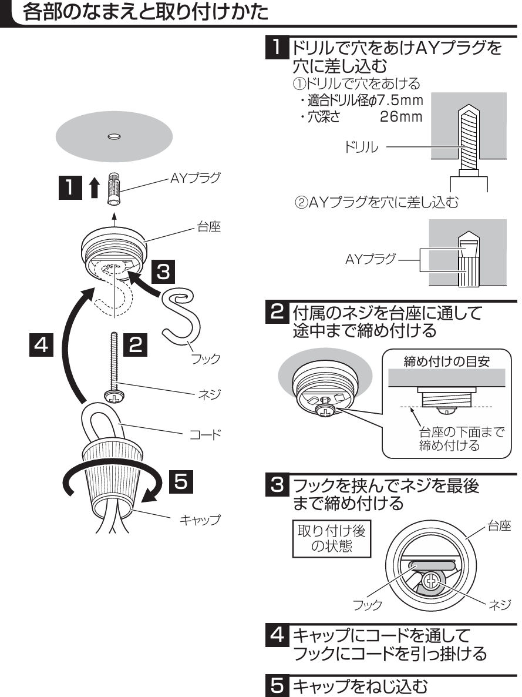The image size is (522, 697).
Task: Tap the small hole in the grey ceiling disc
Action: tap(114, 136)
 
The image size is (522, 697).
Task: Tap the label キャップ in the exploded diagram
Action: tap(200, 520)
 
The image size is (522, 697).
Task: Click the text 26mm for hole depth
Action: tap(401, 117)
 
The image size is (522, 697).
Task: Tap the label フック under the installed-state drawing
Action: tap(368, 604)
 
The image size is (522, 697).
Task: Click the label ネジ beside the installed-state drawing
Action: tap(500, 604)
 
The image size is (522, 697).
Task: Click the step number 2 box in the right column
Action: tap(277, 310)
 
